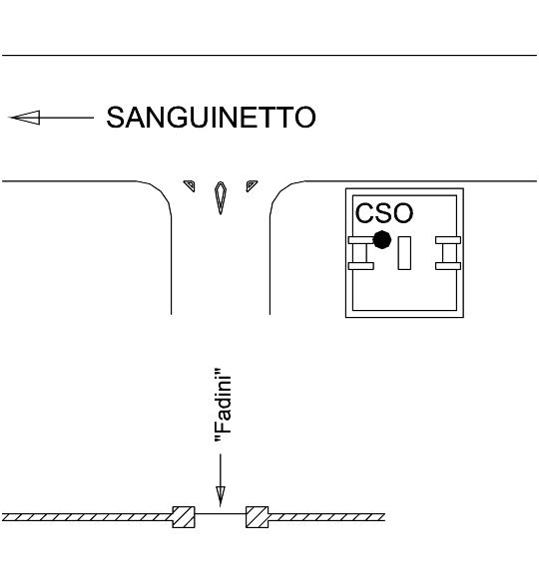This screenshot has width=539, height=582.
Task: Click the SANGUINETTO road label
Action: pyautogui.click(x=212, y=118)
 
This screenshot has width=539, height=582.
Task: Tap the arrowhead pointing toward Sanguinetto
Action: pyautogui.click(x=25, y=118)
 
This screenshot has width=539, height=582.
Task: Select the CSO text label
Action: pyautogui.click(x=384, y=213)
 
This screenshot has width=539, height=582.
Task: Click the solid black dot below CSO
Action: pyautogui.click(x=381, y=240)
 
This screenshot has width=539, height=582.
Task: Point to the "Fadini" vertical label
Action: pyautogui.click(x=223, y=406)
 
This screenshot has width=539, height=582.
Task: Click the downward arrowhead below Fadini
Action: pyautogui.click(x=221, y=496)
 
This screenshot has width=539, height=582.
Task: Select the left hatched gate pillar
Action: pyautogui.click(x=184, y=517)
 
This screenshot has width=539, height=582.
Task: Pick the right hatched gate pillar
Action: pyautogui.click(x=257, y=517)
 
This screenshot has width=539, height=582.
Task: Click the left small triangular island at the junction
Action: pyautogui.click(x=191, y=184)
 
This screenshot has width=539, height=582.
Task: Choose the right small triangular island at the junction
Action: pyautogui.click(x=251, y=184)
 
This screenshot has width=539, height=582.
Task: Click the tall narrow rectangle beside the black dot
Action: pyautogui.click(x=404, y=253)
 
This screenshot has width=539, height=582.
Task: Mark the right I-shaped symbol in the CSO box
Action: pyautogui.click(x=448, y=253)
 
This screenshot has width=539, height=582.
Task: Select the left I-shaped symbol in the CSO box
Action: pyautogui.click(x=361, y=253)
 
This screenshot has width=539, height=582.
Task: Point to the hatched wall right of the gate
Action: pyautogui.click(x=326, y=517)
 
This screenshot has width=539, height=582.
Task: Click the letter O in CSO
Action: pyautogui.click(x=402, y=213)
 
